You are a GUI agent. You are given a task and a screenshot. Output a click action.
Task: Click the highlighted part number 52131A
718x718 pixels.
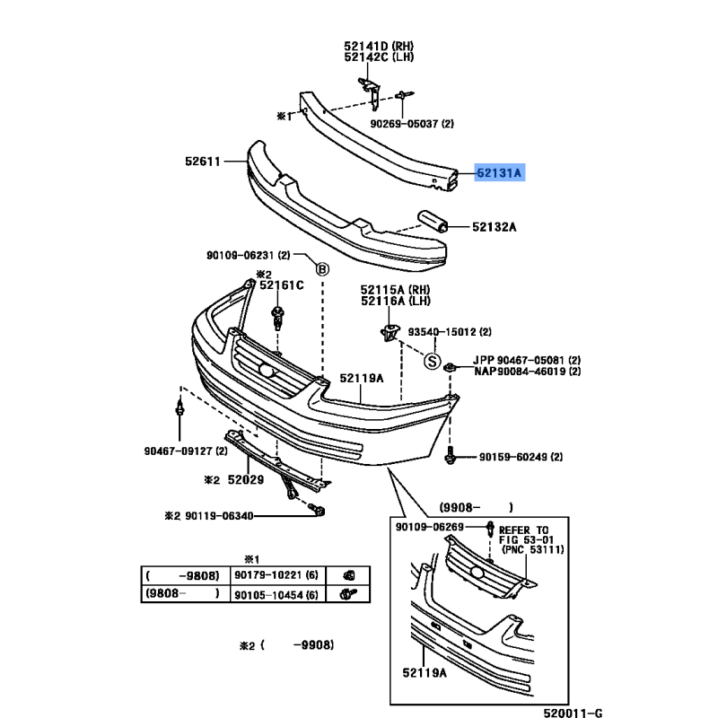[499, 172]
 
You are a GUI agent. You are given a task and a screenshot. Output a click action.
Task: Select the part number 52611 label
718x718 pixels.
[203, 162]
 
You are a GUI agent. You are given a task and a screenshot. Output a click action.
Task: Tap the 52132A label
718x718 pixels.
[495, 227]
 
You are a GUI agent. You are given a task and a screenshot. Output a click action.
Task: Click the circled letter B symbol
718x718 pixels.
[322, 268]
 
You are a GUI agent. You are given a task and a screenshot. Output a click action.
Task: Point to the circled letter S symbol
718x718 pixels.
[432, 362]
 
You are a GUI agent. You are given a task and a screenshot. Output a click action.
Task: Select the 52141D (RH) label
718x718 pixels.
[379, 46]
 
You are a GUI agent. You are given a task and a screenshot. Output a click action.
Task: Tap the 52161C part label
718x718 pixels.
[282, 285]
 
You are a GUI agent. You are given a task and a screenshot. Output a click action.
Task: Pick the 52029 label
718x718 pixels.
[246, 479]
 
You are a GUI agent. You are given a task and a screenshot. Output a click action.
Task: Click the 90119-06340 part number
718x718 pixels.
[219, 516]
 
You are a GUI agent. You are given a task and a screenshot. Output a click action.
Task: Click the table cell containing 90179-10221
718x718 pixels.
[277, 575]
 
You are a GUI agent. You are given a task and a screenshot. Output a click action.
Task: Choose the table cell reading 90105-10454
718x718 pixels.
[277, 593]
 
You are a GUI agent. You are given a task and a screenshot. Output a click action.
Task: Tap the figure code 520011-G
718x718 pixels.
[573, 713]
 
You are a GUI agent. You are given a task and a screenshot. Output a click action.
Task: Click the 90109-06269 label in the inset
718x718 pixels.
[430, 527]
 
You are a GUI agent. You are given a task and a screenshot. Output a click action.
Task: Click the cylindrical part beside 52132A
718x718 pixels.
[432, 221]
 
